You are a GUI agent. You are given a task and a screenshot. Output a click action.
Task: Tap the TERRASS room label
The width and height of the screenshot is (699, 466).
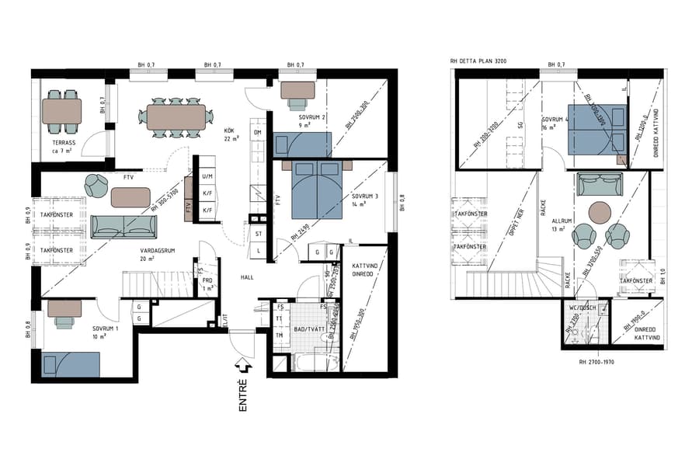coord(63,144)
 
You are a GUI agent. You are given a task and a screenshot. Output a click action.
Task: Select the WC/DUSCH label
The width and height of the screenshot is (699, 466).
coord(582,308)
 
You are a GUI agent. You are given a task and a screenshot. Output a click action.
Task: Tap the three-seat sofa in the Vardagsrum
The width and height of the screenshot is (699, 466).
coord(123,227)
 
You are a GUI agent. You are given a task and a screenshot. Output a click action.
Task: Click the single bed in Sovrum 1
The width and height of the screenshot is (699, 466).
coord(71,364)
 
